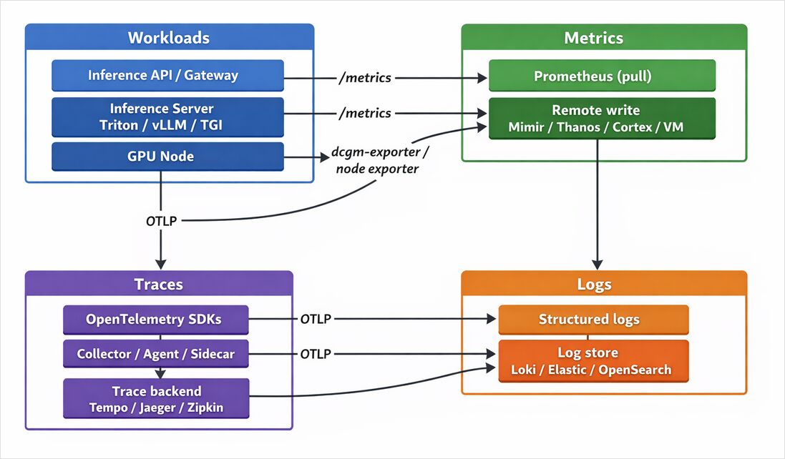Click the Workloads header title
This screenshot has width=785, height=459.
pyautogui.click(x=169, y=38)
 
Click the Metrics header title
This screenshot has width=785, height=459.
pyautogui.click(x=593, y=38)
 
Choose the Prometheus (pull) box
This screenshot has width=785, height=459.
pyautogui.click(x=602, y=76)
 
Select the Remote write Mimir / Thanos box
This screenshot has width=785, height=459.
pyautogui.click(x=602, y=119)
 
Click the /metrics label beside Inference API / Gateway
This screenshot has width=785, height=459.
pyautogui.click(x=365, y=77)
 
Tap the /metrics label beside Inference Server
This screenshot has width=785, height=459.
pyautogui.click(x=365, y=113)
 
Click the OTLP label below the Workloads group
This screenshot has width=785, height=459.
pyautogui.click(x=161, y=221)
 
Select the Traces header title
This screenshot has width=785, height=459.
pyautogui.click(x=159, y=285)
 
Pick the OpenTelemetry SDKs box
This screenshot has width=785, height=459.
pyautogui.click(x=155, y=320)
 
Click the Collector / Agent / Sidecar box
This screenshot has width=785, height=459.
pyautogui.click(x=155, y=354)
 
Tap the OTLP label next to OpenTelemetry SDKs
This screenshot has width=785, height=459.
pyautogui.click(x=316, y=319)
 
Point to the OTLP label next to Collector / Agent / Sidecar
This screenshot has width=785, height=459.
pyautogui.click(x=316, y=354)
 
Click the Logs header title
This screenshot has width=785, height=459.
pyautogui.click(x=593, y=285)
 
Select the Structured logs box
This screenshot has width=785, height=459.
pyautogui.click(x=593, y=320)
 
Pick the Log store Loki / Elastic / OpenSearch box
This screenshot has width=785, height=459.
pyautogui.click(x=593, y=361)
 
